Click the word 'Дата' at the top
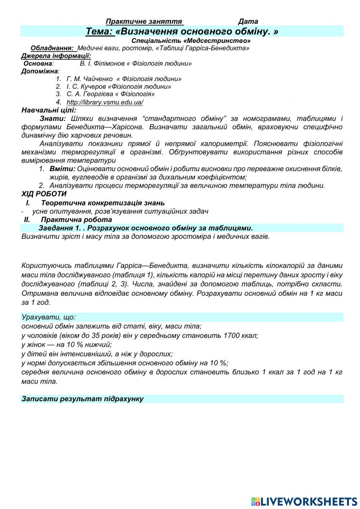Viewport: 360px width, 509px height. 248,22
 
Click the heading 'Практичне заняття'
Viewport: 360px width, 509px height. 144,22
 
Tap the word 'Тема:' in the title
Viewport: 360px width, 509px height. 99,32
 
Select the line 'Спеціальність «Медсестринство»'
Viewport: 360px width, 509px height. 191,41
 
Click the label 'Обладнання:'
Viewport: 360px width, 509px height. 53,48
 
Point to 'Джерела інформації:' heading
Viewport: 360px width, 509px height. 56,56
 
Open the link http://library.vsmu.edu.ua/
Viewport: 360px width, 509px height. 105,102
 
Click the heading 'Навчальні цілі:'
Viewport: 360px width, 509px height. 49,110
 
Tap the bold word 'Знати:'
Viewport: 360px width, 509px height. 53,119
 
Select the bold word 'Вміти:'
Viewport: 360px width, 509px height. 62,169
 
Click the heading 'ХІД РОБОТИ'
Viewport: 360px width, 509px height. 44,194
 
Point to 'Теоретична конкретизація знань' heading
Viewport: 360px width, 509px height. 103,203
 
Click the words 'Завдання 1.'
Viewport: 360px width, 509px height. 60,228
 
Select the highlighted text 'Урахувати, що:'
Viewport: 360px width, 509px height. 48,317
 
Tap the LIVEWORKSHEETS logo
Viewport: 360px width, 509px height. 304,501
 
